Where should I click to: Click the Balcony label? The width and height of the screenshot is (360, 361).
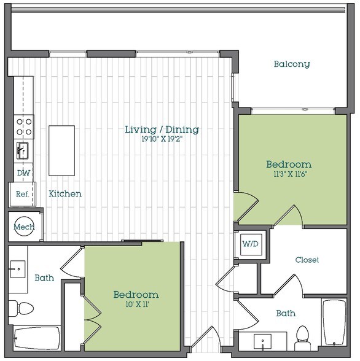[x=292, y=64]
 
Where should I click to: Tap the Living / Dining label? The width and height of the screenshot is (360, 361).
[x=162, y=130]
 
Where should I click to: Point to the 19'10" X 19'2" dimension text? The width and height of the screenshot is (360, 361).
[x=162, y=139]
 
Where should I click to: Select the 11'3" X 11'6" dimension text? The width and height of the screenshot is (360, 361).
[x=289, y=174]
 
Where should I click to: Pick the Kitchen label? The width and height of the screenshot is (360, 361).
[x=65, y=193]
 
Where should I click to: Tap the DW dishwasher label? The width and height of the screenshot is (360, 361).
[x=23, y=173]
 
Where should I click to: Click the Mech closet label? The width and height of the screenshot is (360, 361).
[x=24, y=227]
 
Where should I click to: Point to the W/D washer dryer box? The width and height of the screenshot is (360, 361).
[x=250, y=244]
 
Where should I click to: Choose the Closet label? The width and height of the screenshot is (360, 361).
[x=307, y=260]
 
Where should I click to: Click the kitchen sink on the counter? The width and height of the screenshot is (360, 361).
[x=23, y=149]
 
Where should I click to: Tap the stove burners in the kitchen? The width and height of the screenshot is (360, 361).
[x=24, y=126]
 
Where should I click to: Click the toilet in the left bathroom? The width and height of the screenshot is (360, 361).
[x=20, y=307]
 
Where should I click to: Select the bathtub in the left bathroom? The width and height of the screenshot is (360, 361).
[x=36, y=338]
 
